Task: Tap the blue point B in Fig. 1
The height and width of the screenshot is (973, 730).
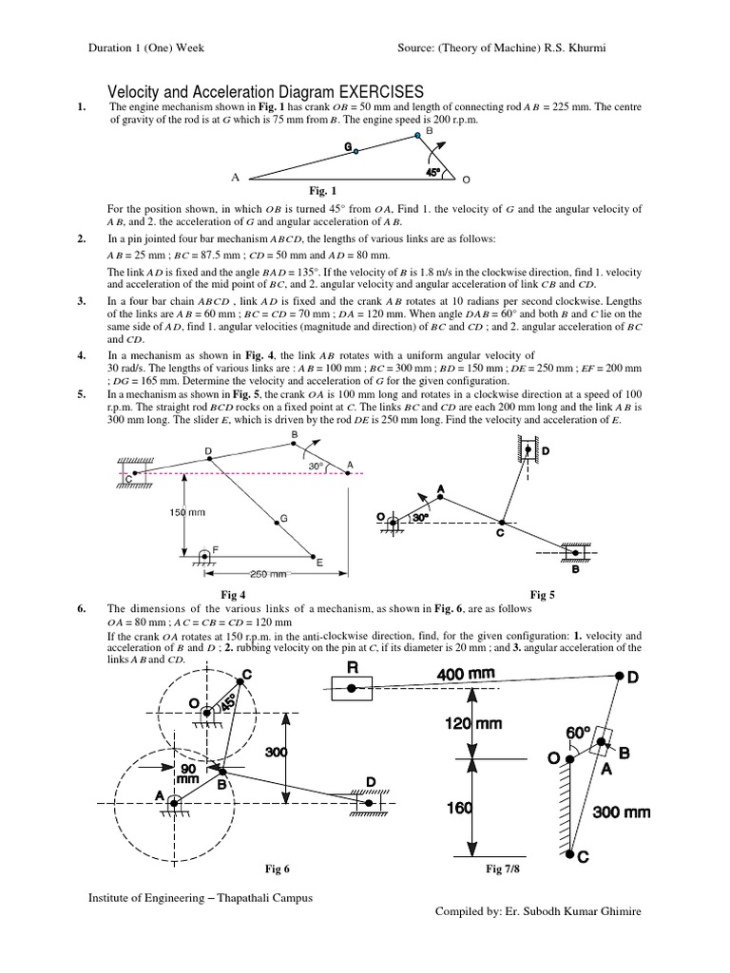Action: (417, 137)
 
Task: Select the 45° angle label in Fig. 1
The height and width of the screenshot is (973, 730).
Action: (433, 173)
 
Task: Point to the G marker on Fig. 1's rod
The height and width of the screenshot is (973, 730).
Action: (355, 150)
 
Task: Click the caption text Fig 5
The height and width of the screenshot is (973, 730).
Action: (543, 595)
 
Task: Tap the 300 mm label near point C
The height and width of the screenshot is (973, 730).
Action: (623, 811)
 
